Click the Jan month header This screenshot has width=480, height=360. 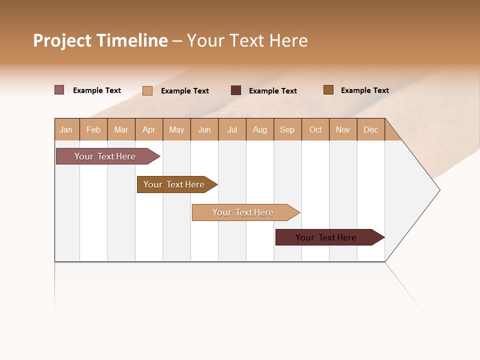(x=66, y=129)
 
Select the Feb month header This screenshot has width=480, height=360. (x=93, y=129)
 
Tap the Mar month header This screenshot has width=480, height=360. (x=121, y=129)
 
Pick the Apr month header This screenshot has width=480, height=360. (x=149, y=129)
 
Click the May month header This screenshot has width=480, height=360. (x=176, y=129)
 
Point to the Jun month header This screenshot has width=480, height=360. (x=204, y=129)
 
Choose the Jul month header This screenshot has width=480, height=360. (x=232, y=129)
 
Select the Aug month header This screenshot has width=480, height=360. (x=260, y=129)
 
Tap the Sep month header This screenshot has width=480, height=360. (x=287, y=129)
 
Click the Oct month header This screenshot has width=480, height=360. (x=315, y=129)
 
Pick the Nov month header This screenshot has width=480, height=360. (x=343, y=129)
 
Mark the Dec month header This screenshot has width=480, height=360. (x=370, y=129)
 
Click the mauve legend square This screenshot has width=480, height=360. (x=59, y=90)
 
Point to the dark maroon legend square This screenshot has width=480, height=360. (x=236, y=90)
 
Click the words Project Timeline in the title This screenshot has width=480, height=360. (x=100, y=40)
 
